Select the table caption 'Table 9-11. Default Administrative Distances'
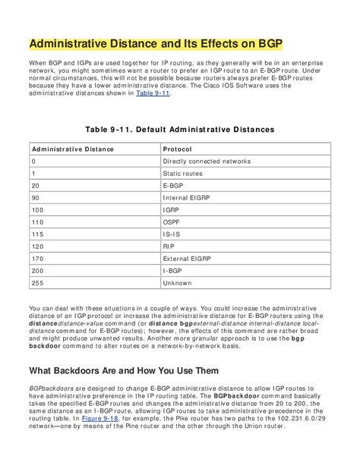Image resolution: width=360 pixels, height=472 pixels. pos(179,130)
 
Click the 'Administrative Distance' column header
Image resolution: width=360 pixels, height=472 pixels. pos(73,149)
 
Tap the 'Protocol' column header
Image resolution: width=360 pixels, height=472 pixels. pos(177,149)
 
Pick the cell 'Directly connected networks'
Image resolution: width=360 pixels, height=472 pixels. pos(207,162)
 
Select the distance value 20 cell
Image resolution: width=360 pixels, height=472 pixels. pos(36,186)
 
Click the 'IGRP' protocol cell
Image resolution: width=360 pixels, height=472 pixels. pos(171,210)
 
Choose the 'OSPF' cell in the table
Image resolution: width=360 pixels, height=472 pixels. pos(172,222)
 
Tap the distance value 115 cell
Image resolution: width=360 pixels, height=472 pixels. pos(37,234)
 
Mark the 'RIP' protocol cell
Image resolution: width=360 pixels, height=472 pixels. pos(168,247)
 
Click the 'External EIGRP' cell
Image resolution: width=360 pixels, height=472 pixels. pos(190,259)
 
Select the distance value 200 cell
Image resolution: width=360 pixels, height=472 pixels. pos(37,271)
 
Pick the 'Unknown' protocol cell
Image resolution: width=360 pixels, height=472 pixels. pos(178,283)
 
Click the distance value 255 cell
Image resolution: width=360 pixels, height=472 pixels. pos(37,283)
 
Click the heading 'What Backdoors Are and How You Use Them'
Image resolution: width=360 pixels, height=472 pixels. pos(124,370)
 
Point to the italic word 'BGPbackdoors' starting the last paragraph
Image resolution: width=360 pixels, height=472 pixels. pos(50,388)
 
